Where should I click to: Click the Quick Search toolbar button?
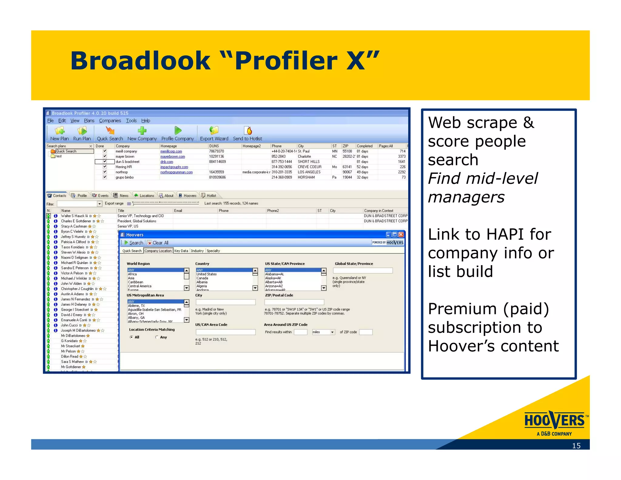coord(110,134)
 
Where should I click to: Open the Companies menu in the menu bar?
coord(110,120)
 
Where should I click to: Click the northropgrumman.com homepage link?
coord(176,172)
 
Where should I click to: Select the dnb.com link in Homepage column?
coord(167,162)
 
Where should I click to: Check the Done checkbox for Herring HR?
coord(105,167)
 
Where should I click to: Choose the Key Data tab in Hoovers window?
coord(181,251)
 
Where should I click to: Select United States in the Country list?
coord(206,274)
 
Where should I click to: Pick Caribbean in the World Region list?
coord(135,282)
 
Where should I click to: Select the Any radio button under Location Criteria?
coord(157,337)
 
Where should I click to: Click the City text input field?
coord(225,302)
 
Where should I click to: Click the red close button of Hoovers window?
coord(401,235)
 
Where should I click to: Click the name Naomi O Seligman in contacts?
coord(74,257)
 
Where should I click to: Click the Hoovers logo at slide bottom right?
coord(555,422)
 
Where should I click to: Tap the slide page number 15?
coord(576,445)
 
